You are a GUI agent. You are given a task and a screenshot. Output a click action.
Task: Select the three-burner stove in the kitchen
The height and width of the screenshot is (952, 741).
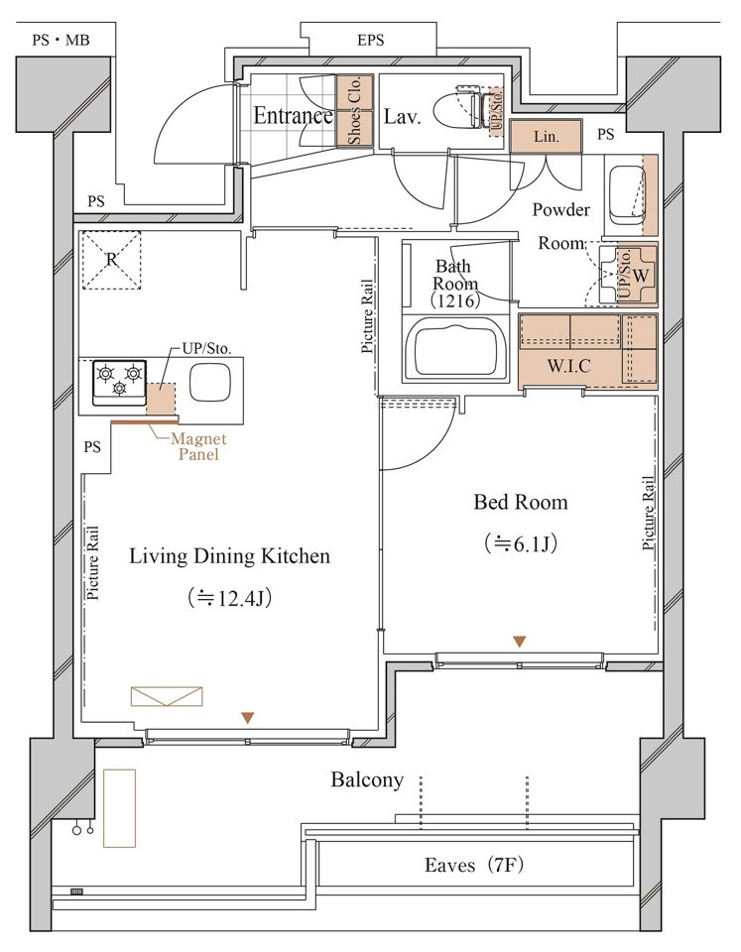click(119, 383)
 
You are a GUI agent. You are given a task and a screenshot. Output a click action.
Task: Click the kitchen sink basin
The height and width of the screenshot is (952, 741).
click(210, 383)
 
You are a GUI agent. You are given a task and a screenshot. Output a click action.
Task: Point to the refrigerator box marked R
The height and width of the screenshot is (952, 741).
click(112, 260)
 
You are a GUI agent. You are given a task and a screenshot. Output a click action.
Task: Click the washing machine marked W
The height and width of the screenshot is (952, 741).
click(629, 275)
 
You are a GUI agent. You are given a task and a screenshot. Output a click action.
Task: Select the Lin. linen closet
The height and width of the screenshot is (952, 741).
click(546, 136)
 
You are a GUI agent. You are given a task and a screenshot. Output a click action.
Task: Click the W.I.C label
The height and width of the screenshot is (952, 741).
click(568, 366)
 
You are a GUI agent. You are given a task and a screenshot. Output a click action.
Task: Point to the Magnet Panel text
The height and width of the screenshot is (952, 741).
click(198, 446)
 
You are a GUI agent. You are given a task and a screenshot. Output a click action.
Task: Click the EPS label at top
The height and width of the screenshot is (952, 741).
click(371, 40)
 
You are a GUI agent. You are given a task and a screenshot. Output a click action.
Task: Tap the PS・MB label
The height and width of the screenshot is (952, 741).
click(61, 40)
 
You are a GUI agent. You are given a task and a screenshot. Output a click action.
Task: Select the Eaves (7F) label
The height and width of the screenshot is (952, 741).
click(474, 864)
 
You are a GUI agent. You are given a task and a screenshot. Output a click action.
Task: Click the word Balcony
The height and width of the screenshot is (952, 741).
click(367, 779)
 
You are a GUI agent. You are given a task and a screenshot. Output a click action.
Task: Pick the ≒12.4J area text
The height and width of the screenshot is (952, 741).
click(229, 598)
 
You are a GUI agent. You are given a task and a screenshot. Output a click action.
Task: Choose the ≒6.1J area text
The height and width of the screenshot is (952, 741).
click(521, 542)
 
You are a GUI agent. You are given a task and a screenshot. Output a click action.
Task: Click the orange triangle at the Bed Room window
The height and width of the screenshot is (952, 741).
click(520, 642)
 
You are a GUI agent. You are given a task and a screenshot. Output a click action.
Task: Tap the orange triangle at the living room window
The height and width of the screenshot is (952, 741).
click(247, 718)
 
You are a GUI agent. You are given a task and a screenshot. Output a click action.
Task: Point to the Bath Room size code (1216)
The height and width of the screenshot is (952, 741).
click(455, 299)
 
